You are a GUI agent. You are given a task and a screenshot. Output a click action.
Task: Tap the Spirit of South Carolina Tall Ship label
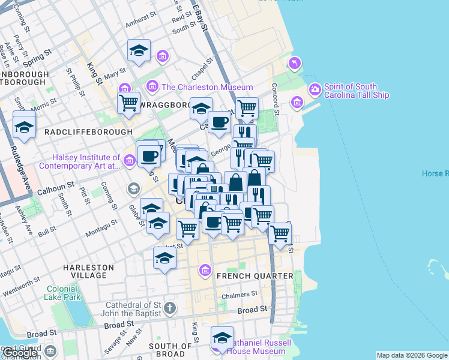pyautogui.click(x=356, y=91)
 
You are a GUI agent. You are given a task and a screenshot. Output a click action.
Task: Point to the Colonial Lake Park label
pyautogui.click(x=62, y=292)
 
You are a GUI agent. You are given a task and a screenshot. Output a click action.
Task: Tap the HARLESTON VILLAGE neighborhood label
pyautogui.click(x=88, y=271)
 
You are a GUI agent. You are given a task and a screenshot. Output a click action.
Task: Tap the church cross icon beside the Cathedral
pyautogui.click(x=170, y=308)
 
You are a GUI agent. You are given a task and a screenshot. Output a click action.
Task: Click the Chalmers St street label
pyautogui.click(x=240, y=294)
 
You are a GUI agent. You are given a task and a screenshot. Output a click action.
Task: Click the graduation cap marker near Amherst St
pyautogui.click(x=139, y=50)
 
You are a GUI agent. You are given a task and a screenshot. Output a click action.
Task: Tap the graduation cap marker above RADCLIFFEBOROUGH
pyautogui.click(x=24, y=127)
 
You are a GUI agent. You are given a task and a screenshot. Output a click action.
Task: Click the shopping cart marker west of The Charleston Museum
pyautogui.click(x=128, y=103)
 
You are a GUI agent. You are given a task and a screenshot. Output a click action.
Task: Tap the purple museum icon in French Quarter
pyautogui.click(x=206, y=271)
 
